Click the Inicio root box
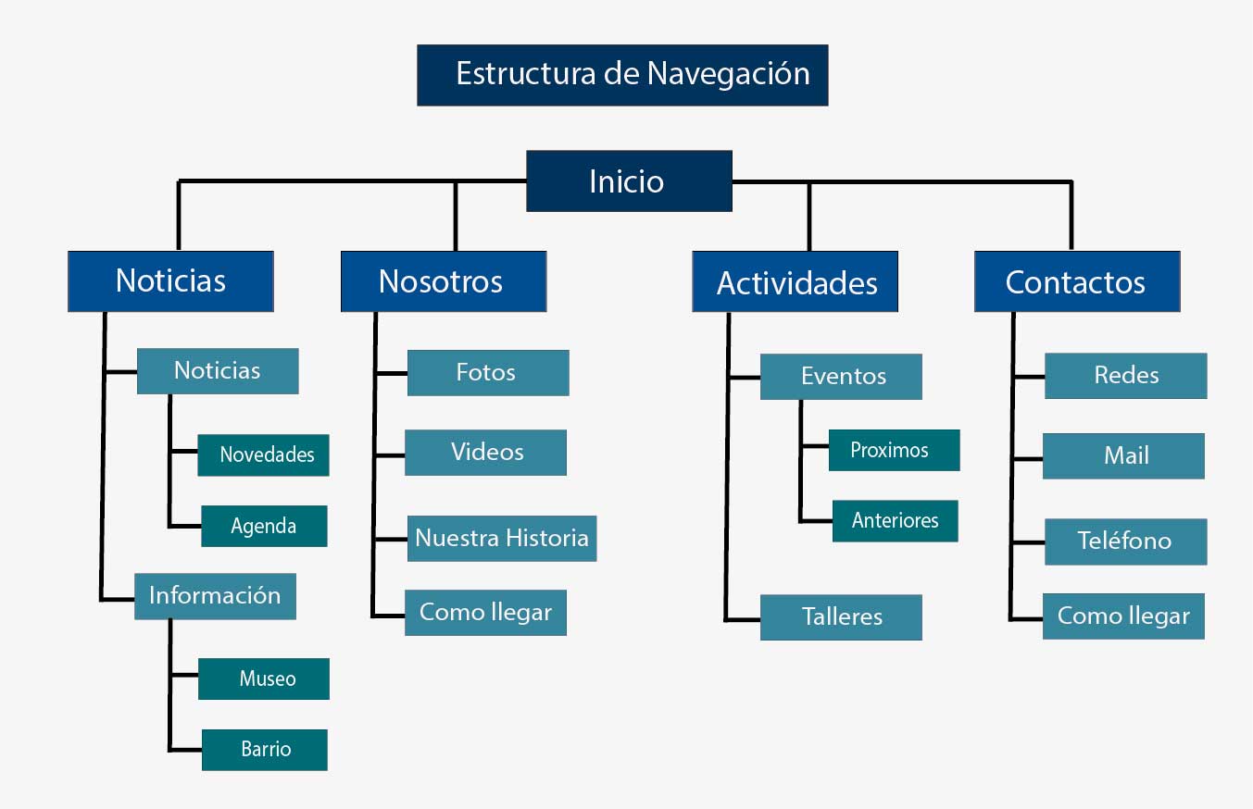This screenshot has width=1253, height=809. (x=629, y=180)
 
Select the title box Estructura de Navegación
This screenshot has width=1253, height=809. (x=622, y=74)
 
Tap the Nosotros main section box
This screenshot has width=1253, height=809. (x=443, y=280)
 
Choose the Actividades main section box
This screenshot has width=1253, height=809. (x=795, y=281)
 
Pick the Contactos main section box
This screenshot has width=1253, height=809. (x=1076, y=281)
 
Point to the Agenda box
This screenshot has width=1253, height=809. (x=264, y=526)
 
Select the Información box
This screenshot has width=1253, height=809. (x=215, y=595)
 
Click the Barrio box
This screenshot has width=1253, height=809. (x=265, y=749)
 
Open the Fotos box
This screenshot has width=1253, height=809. (x=487, y=372)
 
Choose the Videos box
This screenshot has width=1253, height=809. (x=485, y=452)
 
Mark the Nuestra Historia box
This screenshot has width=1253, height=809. (x=501, y=538)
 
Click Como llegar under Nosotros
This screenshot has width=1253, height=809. (x=485, y=612)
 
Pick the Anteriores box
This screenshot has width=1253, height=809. (x=895, y=520)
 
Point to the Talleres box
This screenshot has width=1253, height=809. (x=841, y=616)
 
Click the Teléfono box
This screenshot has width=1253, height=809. (x=1125, y=541)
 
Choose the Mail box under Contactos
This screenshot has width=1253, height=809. (x=1123, y=455)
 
